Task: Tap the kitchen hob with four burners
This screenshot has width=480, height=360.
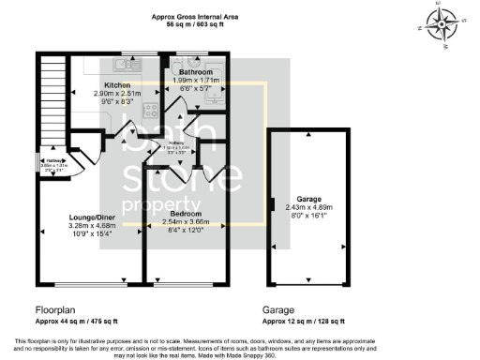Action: pos(151,109)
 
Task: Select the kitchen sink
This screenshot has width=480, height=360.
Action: pos(124,66)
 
